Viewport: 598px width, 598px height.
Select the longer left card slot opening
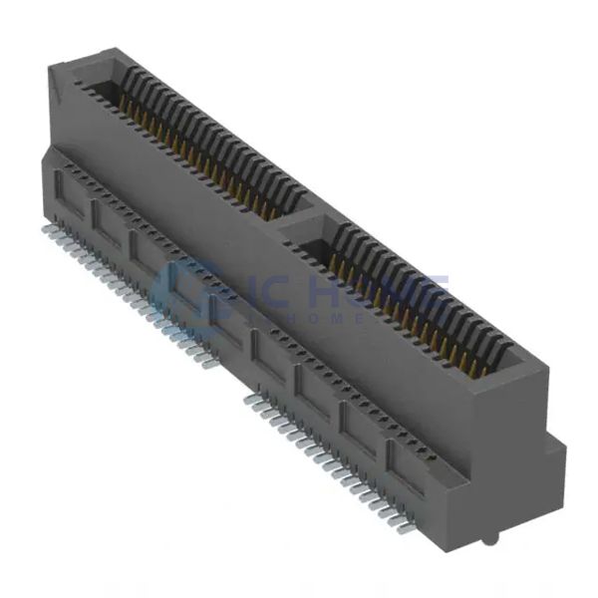pyautogui.click(x=199, y=140)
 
